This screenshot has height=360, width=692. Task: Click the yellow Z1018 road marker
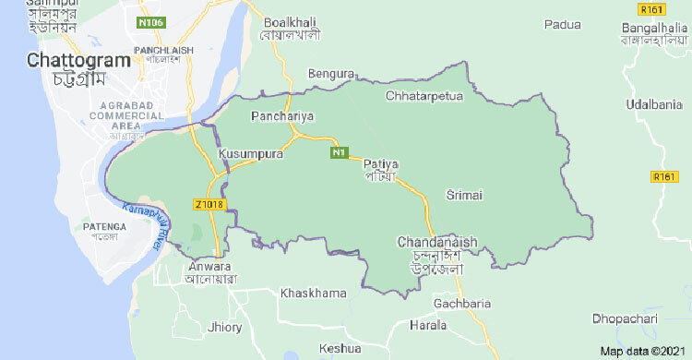[209, 204]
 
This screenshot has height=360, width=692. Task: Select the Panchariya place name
[282, 117]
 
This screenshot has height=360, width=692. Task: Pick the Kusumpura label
[251, 154]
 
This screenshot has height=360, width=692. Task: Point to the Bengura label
[331, 73]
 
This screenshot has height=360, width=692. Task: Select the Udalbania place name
[651, 106]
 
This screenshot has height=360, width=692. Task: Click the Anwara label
[210, 270]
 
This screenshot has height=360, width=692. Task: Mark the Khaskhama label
[314, 293]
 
